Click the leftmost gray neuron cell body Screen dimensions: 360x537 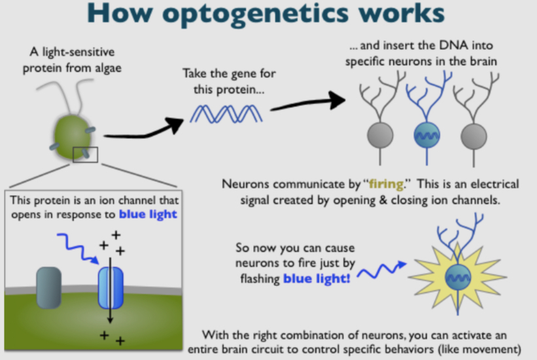[378, 135]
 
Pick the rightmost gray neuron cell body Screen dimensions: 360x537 [472, 135]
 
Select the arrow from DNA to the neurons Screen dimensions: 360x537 [307, 103]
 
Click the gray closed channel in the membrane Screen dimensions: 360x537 [50, 287]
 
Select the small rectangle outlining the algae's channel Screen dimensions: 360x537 [85, 154]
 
